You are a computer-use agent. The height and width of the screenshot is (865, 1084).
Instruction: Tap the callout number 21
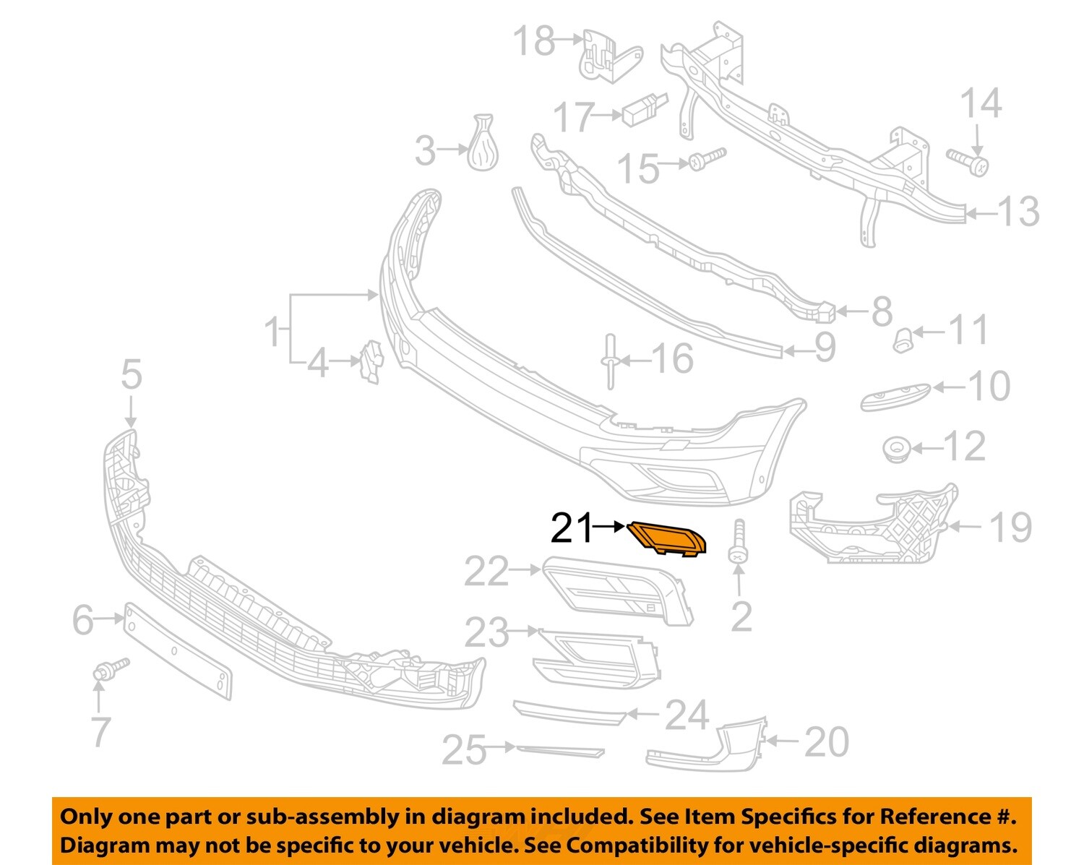(571, 528)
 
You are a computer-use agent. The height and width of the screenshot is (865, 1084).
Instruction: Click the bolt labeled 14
(969, 161)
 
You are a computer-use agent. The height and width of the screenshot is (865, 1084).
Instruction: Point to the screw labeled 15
(706, 159)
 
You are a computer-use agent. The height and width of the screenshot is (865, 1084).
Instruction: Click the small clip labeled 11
(902, 338)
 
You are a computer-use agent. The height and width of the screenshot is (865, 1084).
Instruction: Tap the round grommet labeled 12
(896, 449)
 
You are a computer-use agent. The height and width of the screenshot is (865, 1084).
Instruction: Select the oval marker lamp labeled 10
(894, 396)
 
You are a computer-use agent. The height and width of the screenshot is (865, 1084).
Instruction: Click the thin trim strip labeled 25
(559, 750)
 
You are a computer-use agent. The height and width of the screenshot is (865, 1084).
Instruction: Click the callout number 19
(1010, 527)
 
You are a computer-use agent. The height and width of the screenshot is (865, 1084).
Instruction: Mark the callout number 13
(1018, 212)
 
